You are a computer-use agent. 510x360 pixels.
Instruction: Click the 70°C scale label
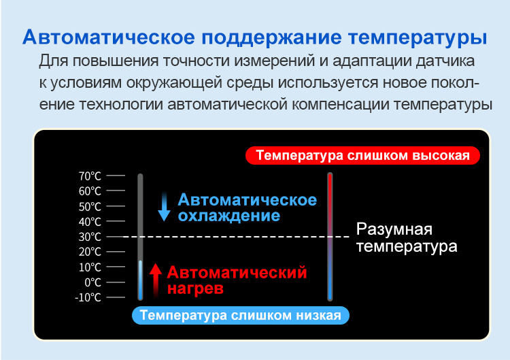point(90,176)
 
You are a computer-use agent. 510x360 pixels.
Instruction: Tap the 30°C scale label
point(90,237)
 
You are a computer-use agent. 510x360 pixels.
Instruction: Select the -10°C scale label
point(88,297)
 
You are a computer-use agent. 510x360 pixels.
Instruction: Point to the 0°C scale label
point(92,282)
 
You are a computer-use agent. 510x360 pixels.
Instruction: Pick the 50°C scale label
point(90,206)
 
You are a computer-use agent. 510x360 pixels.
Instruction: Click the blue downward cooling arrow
point(164,207)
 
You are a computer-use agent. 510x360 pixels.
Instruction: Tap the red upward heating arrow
point(156,280)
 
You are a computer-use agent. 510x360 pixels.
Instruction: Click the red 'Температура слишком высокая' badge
point(362,155)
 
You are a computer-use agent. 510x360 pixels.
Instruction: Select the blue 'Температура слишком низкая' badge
point(240,315)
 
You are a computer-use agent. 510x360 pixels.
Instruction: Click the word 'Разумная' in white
point(394,229)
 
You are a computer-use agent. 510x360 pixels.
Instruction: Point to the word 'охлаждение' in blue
point(229,216)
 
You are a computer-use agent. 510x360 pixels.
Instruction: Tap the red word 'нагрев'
point(195,289)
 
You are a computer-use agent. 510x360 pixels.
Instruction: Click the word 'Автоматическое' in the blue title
point(109,37)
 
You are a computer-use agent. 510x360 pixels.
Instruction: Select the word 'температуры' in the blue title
point(418,37)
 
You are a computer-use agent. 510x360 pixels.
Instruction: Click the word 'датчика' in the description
point(445,61)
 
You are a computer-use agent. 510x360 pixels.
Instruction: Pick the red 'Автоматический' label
point(237,272)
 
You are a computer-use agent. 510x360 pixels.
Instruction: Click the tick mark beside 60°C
point(116,191)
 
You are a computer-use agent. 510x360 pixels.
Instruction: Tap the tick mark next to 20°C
point(116,252)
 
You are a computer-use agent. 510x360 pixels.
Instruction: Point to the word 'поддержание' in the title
point(271,37)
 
